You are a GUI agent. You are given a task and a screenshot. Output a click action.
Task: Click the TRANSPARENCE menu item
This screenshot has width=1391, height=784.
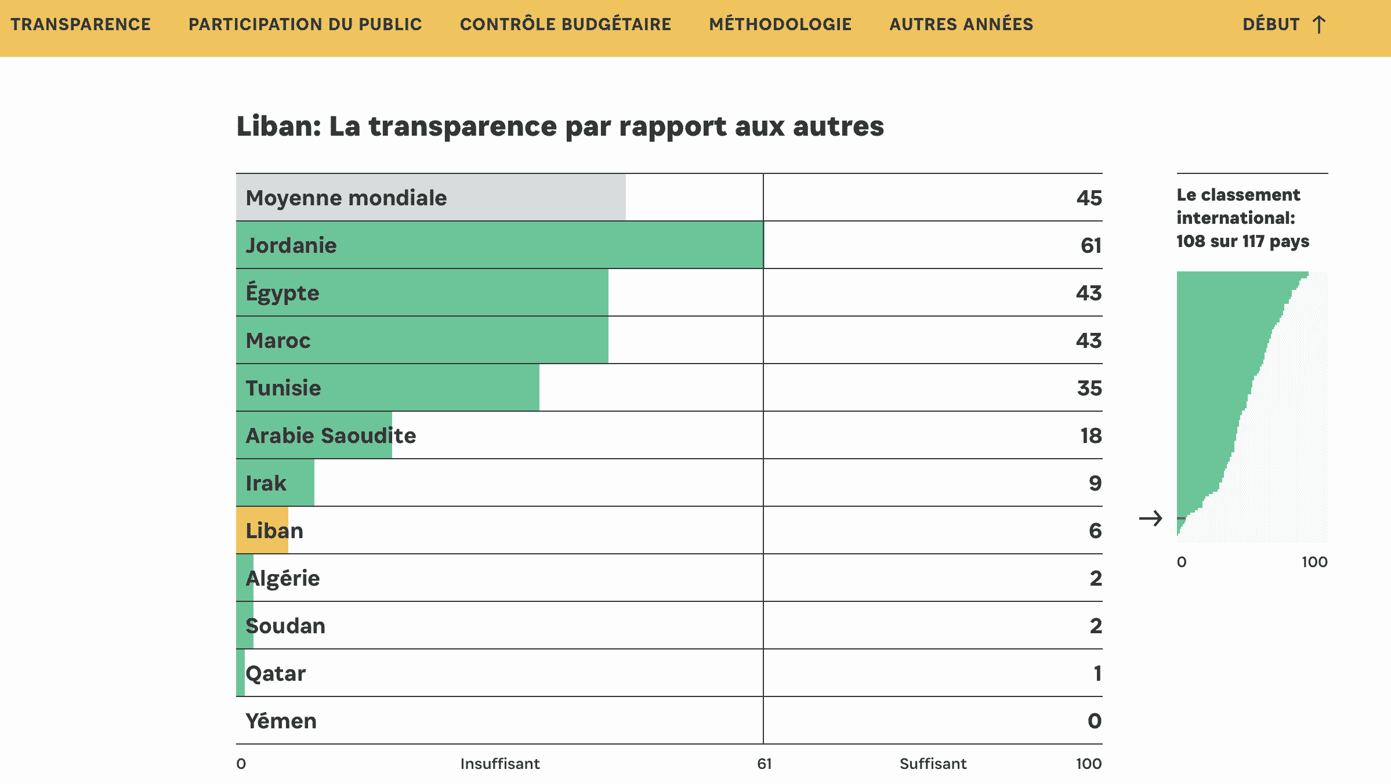click(81, 24)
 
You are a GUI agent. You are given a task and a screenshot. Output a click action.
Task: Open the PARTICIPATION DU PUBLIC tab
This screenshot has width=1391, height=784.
click(305, 24)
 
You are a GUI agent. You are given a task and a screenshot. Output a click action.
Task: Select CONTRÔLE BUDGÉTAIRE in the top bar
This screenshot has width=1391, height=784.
click(565, 24)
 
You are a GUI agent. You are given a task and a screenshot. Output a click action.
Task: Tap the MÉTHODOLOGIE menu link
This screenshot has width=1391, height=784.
click(780, 24)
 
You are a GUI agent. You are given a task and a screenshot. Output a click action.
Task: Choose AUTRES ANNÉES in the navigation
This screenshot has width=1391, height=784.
click(961, 24)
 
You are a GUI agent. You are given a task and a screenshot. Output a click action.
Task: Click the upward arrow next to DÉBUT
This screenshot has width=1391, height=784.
click(1319, 24)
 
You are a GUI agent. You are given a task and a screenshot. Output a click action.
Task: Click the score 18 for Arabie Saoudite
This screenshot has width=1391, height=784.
click(1091, 435)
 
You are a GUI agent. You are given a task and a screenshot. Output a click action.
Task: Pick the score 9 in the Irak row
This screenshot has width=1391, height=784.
click(1095, 483)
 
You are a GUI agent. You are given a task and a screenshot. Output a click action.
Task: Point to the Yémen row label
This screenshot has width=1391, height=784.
click(281, 721)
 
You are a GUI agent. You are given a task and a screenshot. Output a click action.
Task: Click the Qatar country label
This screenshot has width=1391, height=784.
click(276, 673)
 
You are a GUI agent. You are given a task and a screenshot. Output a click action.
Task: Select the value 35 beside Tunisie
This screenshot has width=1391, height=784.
click(1089, 388)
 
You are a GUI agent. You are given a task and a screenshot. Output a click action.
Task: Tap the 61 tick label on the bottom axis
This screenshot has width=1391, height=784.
click(764, 764)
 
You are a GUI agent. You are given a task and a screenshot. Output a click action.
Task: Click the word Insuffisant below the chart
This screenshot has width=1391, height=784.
click(499, 764)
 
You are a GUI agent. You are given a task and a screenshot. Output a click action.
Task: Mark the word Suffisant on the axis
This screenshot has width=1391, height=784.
click(933, 764)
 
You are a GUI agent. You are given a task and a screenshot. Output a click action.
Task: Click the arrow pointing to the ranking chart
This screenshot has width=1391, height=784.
click(1150, 518)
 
